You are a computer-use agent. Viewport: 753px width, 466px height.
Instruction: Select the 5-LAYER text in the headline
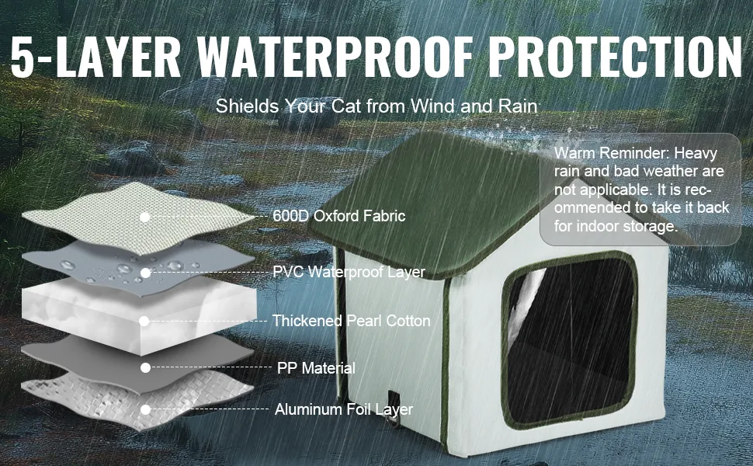pos(95,57)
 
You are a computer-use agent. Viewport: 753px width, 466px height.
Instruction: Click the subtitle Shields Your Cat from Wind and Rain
pos(376,106)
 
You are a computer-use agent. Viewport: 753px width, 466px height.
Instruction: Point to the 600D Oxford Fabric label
pos(339,216)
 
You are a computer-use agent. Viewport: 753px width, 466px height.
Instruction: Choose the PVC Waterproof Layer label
pos(349,272)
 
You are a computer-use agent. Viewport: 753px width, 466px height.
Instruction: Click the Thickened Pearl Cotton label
pos(352,321)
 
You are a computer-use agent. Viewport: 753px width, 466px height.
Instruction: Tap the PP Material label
pos(316,368)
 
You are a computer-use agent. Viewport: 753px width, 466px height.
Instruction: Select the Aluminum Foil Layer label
pos(344,409)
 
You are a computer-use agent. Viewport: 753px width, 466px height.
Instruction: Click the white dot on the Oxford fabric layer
pos(144,217)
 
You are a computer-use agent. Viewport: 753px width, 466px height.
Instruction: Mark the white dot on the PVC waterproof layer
pos(145,273)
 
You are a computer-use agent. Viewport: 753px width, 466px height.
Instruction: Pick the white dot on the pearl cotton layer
pos(144,321)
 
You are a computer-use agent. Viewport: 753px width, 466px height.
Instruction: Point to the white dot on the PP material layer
pos(145,368)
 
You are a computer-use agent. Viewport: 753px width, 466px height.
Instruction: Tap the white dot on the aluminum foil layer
pos(146,410)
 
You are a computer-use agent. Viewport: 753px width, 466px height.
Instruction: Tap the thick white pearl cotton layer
pos(139,315)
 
